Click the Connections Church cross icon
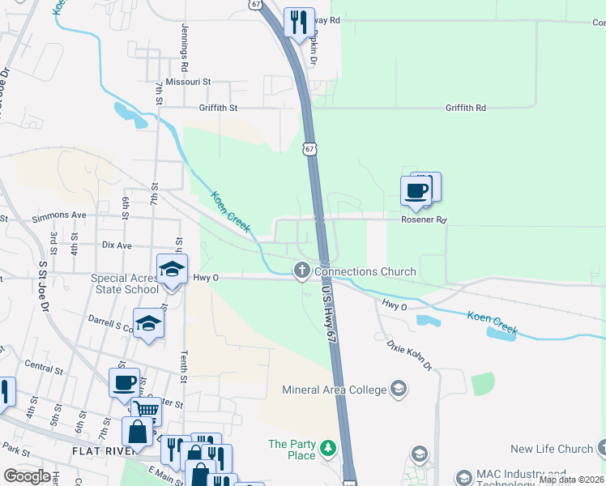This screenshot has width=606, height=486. point(302,271)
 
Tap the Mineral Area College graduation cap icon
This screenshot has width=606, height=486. point(398,389)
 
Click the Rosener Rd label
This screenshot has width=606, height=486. point(424,220)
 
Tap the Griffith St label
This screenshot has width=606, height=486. point(218,107)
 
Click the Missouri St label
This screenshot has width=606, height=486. point(188,82)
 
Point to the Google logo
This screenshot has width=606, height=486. point(27,476)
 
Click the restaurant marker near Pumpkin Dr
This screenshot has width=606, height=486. point(298,22)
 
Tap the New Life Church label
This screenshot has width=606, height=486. point(552,449)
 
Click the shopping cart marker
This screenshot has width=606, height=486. point(146,411)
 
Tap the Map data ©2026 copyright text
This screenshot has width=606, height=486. point(571,480)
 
